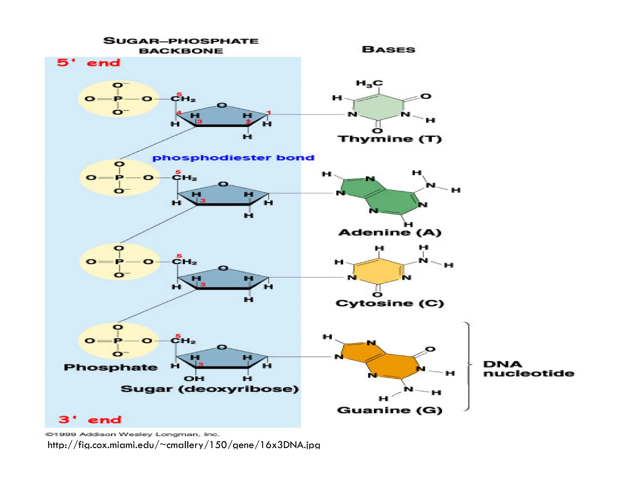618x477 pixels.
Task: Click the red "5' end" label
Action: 88,63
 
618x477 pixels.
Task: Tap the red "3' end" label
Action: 90,419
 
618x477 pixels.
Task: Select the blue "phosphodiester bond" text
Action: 233,158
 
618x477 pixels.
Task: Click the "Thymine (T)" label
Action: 389,139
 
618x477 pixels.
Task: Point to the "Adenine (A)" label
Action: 390,232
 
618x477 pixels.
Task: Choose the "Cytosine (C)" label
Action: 390,303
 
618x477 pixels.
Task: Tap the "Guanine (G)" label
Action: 389,410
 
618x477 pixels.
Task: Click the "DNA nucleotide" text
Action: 528,369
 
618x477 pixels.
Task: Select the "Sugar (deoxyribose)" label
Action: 209,389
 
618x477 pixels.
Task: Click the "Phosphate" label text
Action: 110,367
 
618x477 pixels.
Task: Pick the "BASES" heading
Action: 388,49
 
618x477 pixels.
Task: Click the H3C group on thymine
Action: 369,83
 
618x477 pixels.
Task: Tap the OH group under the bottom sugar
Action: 194,378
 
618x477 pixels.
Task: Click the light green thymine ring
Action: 379,107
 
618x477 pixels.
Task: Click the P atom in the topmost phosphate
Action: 118,99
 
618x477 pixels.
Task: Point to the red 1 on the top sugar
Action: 269,113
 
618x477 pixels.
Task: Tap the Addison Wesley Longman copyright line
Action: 132,434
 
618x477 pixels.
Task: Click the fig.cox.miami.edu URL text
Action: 184,445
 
